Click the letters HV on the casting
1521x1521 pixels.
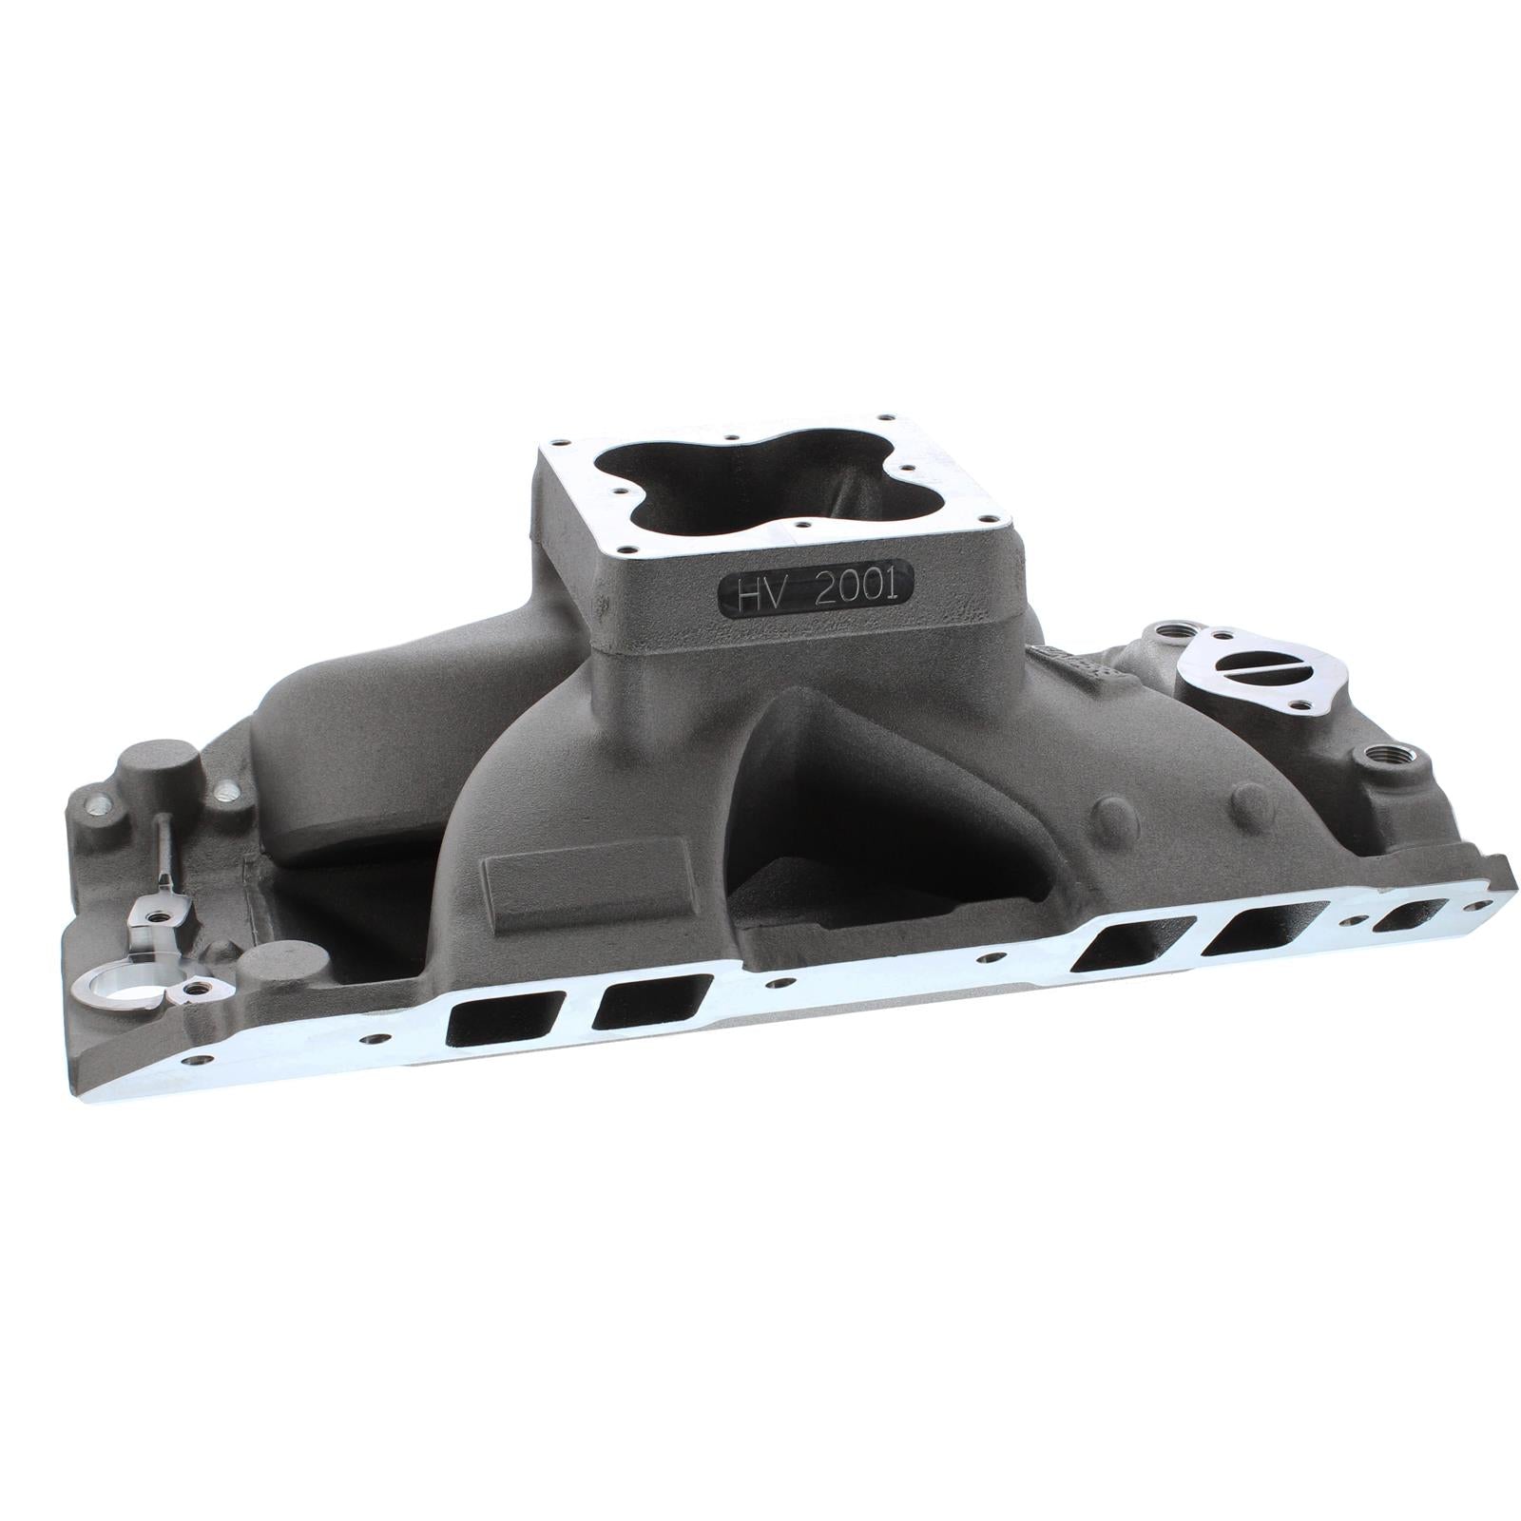pyautogui.click(x=758, y=594)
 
